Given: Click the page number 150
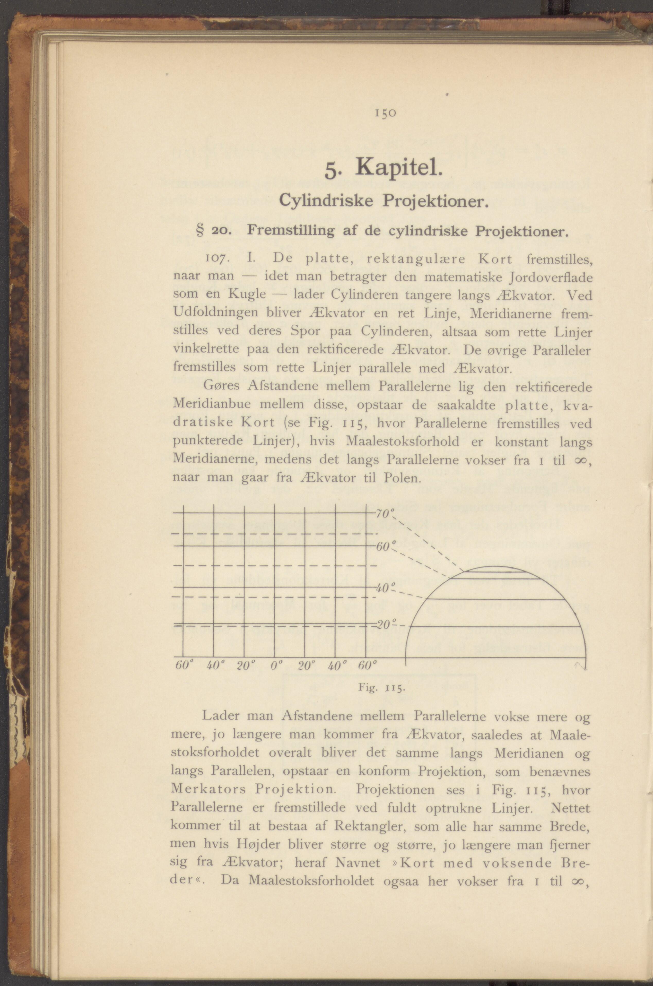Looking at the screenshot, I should pyautogui.click(x=386, y=113).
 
